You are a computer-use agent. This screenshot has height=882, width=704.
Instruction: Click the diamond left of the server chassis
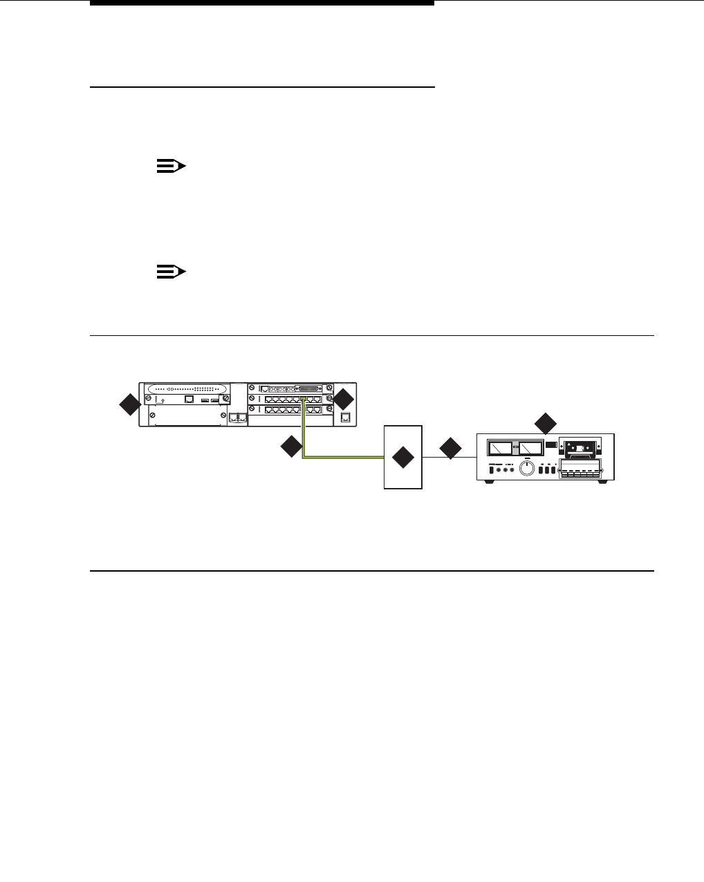point(129,405)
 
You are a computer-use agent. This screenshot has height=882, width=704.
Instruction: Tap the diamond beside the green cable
point(291,447)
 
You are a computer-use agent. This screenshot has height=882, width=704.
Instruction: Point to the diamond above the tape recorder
point(546,423)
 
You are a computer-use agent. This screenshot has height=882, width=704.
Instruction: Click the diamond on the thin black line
point(450,448)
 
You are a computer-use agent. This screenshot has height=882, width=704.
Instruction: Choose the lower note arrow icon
point(171,272)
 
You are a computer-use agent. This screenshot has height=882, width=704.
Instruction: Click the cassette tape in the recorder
point(580,449)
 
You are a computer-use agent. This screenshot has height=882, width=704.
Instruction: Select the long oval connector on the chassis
point(185,389)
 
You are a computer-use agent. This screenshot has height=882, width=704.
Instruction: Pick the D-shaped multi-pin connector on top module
point(308,388)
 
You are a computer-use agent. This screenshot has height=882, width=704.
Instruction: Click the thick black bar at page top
point(263,3)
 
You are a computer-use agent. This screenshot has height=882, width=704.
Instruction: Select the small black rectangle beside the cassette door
point(550,448)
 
